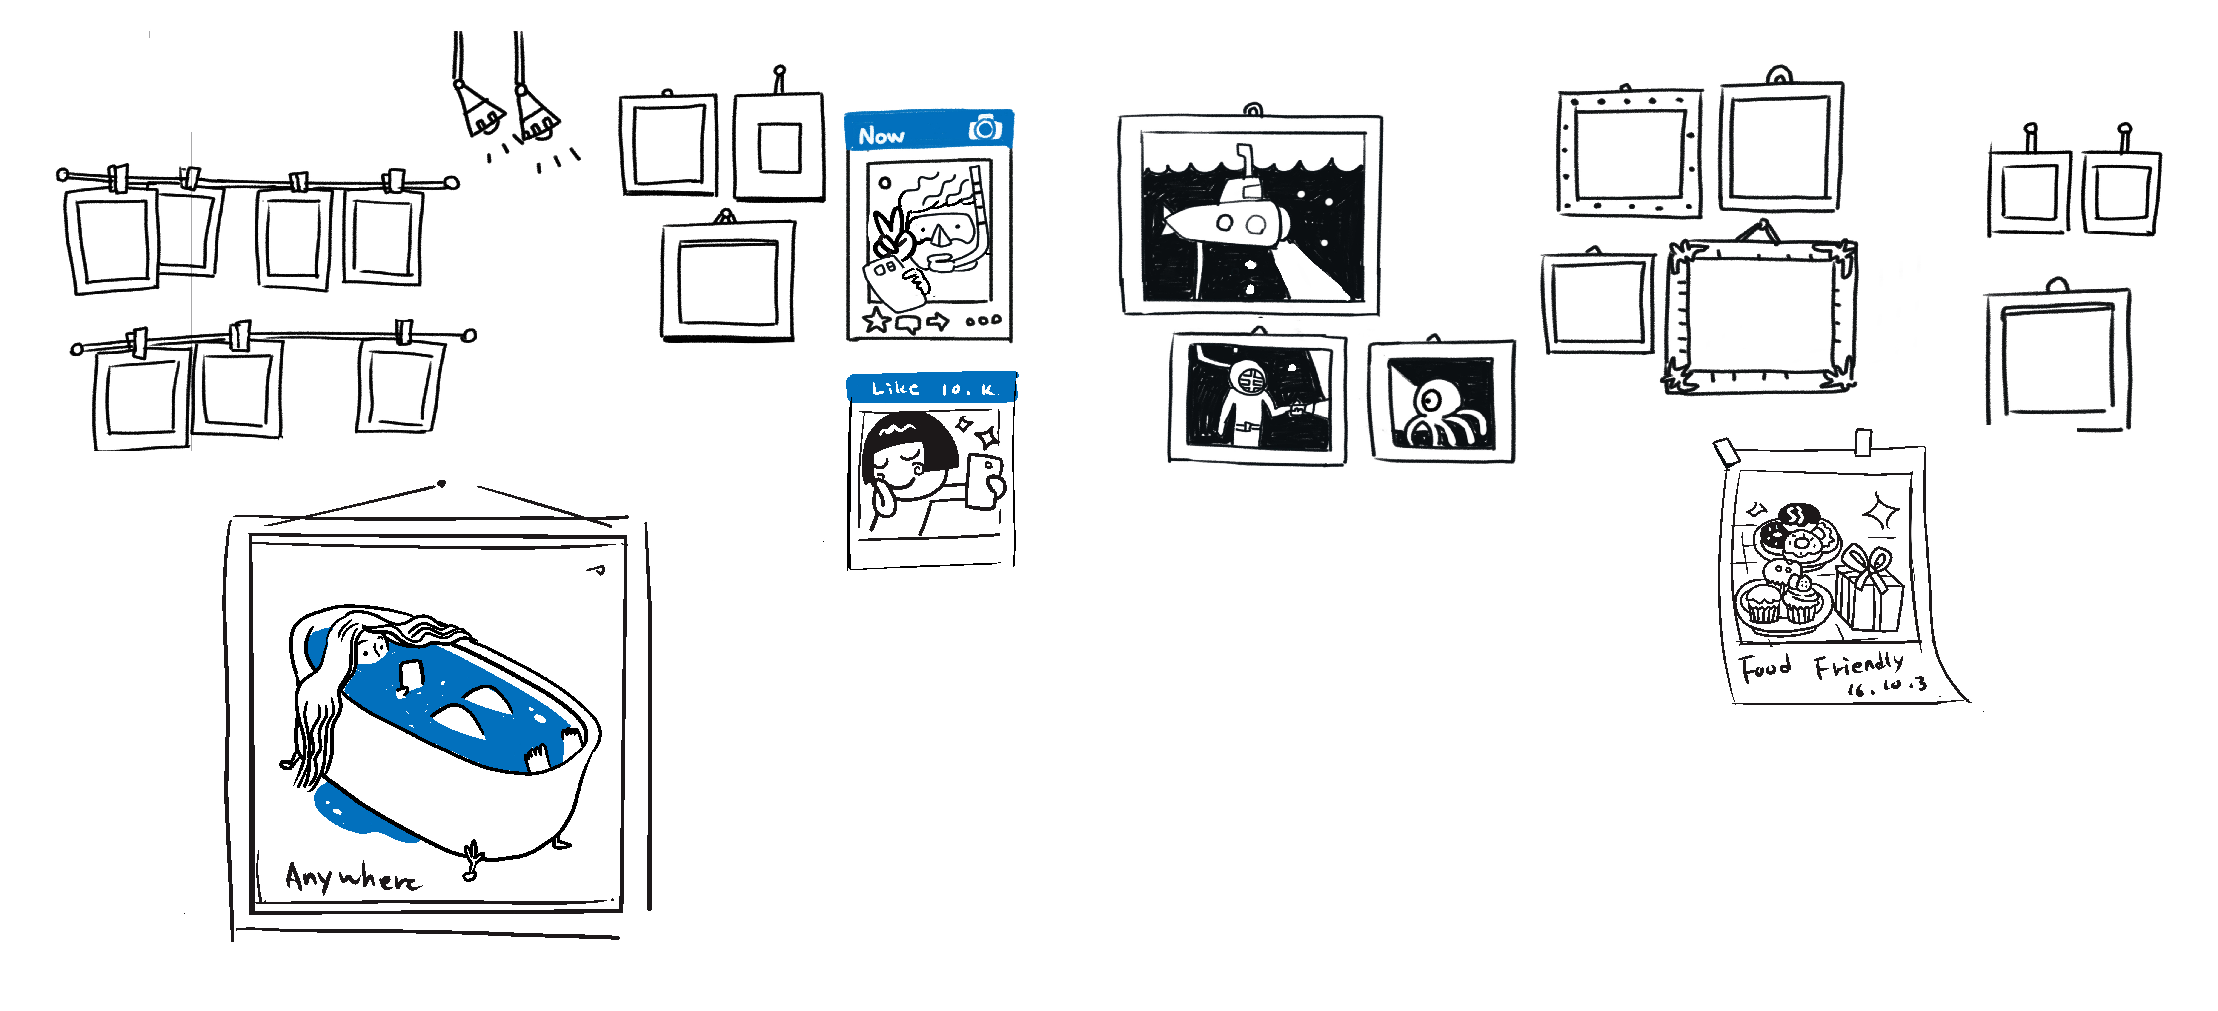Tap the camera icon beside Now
tap(985, 128)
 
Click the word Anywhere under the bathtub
tap(353, 878)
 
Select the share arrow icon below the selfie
tap(937, 322)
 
